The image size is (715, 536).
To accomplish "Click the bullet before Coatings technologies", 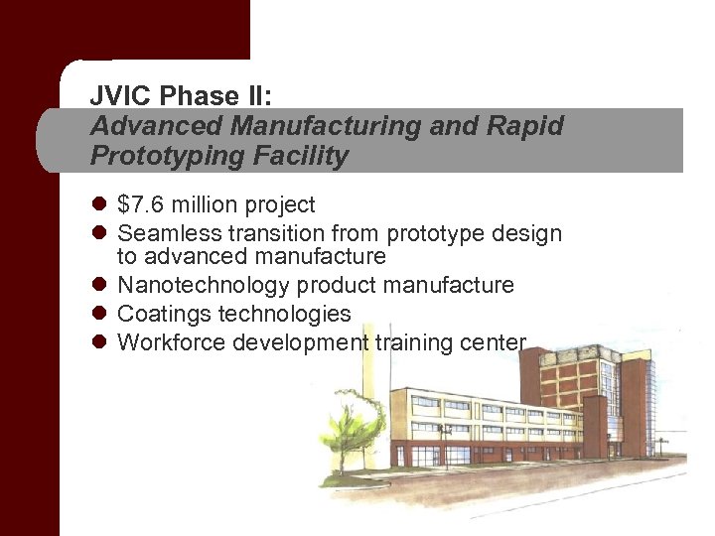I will coord(98,315).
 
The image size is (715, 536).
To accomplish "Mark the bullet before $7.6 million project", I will coord(98,205).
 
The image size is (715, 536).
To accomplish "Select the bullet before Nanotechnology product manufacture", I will coord(98,286).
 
